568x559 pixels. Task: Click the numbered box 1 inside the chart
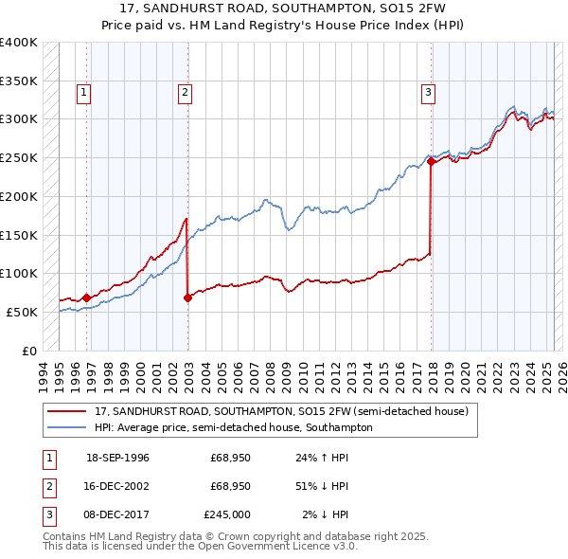pos(85,92)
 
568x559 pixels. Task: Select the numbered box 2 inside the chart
pos(185,92)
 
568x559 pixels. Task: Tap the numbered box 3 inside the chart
pos(429,92)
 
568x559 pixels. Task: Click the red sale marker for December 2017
pos(431,161)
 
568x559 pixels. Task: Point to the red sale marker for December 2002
pos(187,298)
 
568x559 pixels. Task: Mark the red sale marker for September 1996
pos(86,298)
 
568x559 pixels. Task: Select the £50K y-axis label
pos(22,312)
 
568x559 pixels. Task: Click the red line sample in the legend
pos(66,412)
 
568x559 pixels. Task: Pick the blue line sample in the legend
pos(66,427)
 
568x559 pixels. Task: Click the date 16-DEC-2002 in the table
pos(117,486)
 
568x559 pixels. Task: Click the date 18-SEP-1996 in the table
pos(117,458)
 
